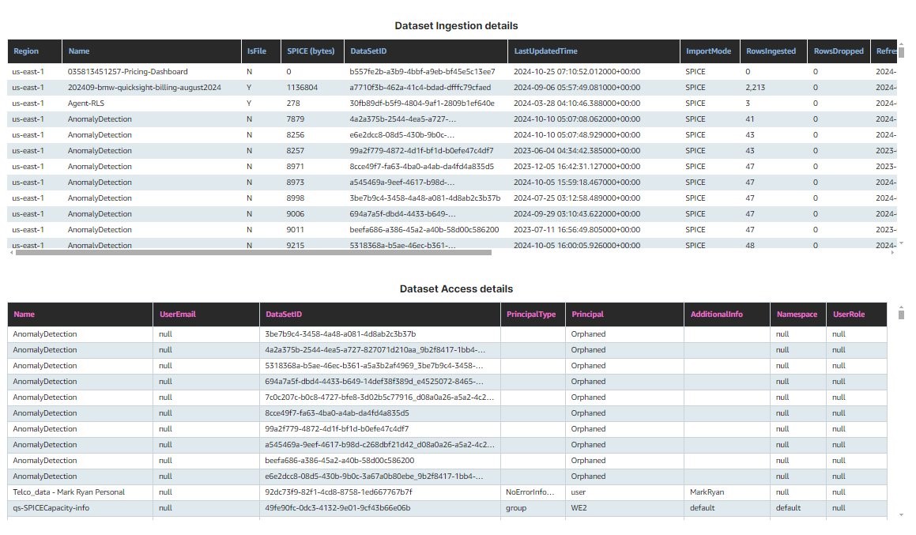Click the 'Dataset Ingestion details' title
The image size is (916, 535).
456,26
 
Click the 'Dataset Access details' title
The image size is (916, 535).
456,289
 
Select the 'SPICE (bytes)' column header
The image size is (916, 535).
311,51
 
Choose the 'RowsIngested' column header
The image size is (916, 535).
771,51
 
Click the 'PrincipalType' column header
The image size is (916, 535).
530,315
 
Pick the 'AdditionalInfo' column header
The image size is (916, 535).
716,315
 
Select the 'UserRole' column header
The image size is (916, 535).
849,315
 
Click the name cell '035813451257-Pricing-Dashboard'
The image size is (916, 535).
127,72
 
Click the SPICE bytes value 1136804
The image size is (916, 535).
302,88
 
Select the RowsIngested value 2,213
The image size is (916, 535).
756,88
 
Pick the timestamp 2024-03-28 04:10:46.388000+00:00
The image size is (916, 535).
577,104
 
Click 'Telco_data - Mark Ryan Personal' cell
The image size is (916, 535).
70,492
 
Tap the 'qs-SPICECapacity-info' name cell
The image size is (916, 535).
51,508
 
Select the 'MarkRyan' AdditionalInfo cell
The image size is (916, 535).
707,492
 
